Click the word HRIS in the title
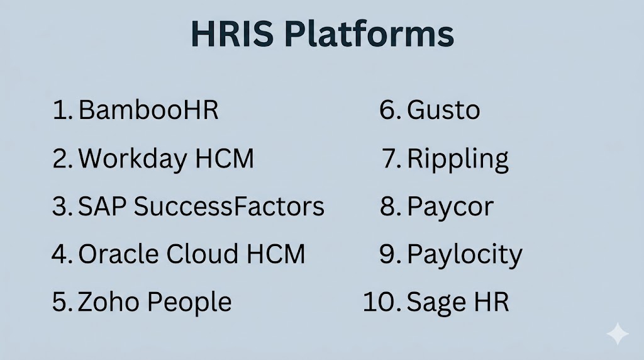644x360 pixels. (x=233, y=34)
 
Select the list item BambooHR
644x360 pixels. (x=148, y=110)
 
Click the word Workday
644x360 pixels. (x=132, y=159)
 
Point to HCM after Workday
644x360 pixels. (x=225, y=158)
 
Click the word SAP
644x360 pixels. (x=103, y=206)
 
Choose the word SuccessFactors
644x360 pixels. (x=229, y=206)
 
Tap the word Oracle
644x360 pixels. (x=119, y=254)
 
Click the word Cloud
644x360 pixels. (x=202, y=254)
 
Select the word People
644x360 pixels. (x=189, y=303)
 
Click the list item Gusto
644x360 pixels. (x=443, y=110)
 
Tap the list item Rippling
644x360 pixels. (x=458, y=159)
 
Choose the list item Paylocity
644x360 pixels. (x=465, y=255)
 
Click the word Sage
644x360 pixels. (x=436, y=303)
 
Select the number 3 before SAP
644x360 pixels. (x=60, y=206)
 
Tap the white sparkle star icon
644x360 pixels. (x=618, y=334)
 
